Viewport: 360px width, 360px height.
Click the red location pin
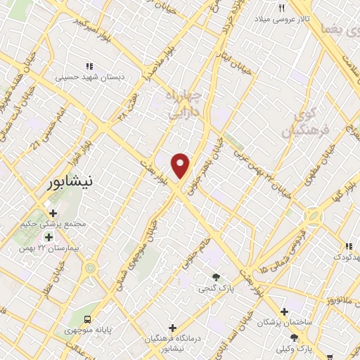coord(181,165)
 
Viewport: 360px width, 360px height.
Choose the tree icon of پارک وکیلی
coord(304,337)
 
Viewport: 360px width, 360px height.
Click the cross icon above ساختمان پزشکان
coord(284,311)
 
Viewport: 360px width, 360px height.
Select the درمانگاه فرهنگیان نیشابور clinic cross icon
coord(172,328)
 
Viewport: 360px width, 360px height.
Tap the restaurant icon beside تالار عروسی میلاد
coord(281,8)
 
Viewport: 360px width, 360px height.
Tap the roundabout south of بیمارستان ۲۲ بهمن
coord(89,268)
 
